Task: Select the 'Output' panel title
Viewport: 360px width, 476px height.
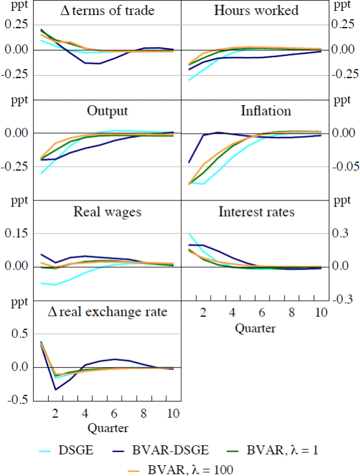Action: coord(107,111)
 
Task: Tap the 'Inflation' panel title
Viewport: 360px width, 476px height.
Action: coord(265,111)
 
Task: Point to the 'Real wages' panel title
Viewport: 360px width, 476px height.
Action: coord(107,211)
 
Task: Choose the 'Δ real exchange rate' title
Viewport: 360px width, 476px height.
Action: coord(107,312)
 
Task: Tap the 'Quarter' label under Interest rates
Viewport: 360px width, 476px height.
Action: coord(255,328)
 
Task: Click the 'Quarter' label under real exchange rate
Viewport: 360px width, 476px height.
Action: coord(107,429)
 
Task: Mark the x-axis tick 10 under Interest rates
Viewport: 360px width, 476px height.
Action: coord(321,313)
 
